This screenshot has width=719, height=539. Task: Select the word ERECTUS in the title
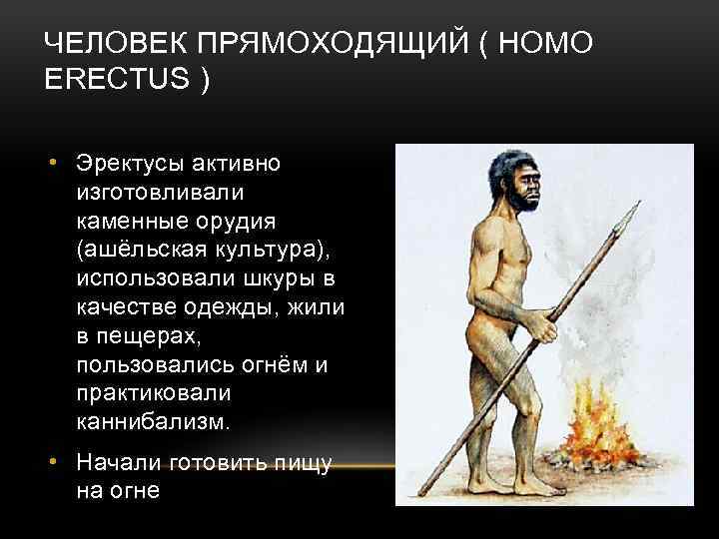click(x=116, y=79)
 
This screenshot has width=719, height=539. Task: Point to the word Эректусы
click(x=129, y=162)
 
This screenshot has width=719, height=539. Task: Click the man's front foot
click(x=534, y=490)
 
